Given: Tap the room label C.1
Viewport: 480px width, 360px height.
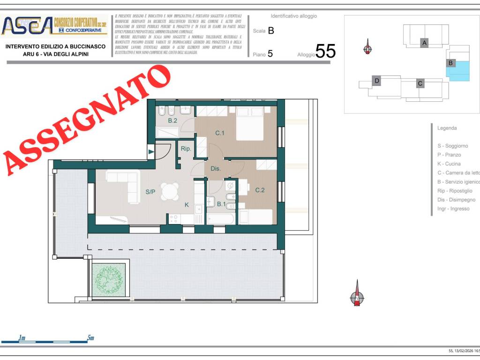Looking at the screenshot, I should (220, 133).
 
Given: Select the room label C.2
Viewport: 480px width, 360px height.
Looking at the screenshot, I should (260, 190).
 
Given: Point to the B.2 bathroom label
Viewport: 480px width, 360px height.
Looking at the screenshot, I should (173, 121).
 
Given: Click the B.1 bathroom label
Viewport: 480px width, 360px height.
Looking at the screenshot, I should (221, 204).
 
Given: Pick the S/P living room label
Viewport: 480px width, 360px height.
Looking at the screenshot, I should (150, 192).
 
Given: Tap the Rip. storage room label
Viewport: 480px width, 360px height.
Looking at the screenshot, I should (186, 149).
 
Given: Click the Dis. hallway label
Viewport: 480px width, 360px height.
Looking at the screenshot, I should (216, 169).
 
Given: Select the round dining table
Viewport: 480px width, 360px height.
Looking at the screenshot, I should (170, 191).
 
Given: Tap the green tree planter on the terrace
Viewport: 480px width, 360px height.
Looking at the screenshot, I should (109, 280).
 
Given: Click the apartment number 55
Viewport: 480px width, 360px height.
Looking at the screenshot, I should (325, 51).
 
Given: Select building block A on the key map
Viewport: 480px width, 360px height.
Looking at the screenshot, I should (425, 43).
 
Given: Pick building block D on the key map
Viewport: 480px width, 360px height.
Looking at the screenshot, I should (376, 81).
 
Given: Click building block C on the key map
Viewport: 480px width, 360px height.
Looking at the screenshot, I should (420, 83).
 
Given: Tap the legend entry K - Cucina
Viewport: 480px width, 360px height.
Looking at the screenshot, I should (449, 164).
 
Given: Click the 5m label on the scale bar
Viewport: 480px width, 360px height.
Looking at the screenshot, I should (90, 337).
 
